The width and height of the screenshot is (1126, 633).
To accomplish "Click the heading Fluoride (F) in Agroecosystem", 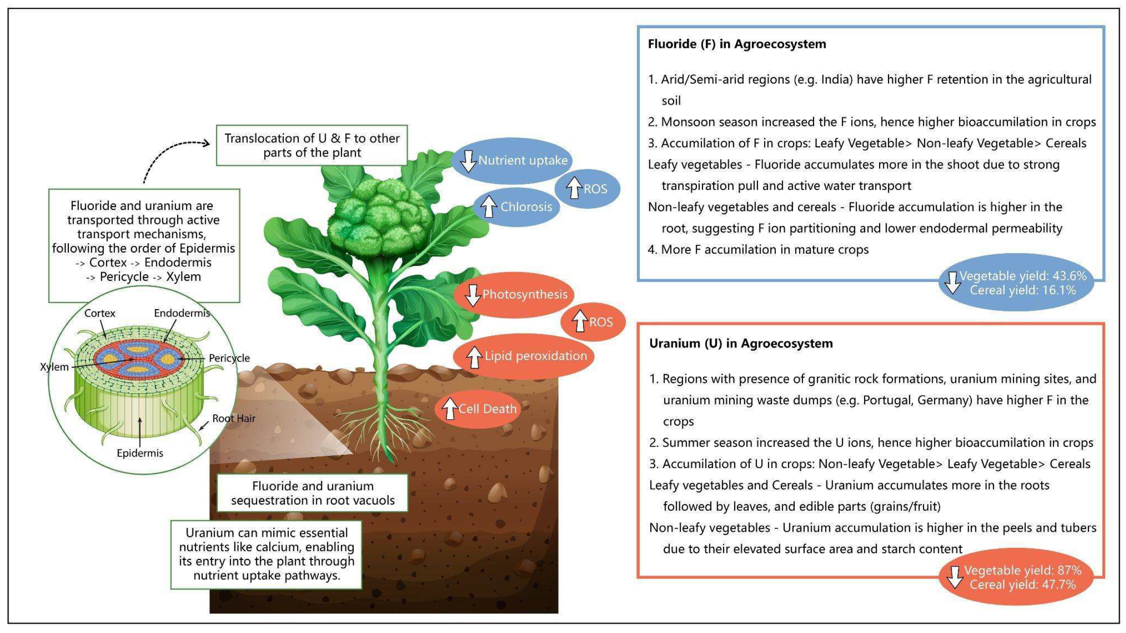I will [x=737, y=44].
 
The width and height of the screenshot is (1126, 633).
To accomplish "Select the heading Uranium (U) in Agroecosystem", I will [x=741, y=343].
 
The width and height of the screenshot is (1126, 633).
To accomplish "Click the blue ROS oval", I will [x=588, y=189].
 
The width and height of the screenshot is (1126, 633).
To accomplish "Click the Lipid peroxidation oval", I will [x=524, y=356].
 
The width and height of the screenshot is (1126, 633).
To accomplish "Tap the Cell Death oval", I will [x=478, y=409].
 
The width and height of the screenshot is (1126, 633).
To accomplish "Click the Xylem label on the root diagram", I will [x=54, y=367].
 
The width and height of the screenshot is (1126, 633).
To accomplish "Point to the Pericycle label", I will [x=229, y=358].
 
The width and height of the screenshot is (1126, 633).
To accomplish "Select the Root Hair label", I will [x=233, y=418].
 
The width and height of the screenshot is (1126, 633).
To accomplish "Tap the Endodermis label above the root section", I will [x=182, y=313].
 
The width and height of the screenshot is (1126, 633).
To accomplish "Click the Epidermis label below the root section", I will [x=140, y=453].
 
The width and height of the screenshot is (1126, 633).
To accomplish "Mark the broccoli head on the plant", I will [x=380, y=219].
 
